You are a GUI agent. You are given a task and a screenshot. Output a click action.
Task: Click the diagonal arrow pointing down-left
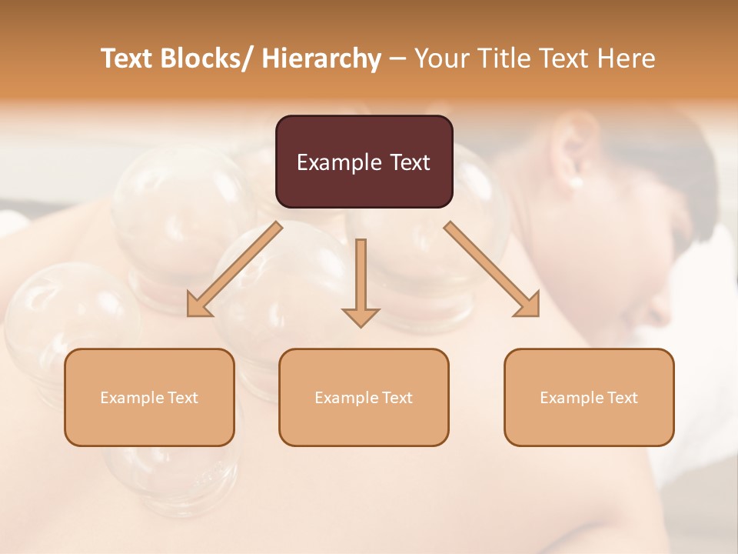tap(234, 269)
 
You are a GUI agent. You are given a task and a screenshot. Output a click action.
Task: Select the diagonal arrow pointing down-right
tap(492, 269)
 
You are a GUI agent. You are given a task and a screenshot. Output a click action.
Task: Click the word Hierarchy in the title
tap(321, 59)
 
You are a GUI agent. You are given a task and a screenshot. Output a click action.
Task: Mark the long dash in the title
tap(397, 59)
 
